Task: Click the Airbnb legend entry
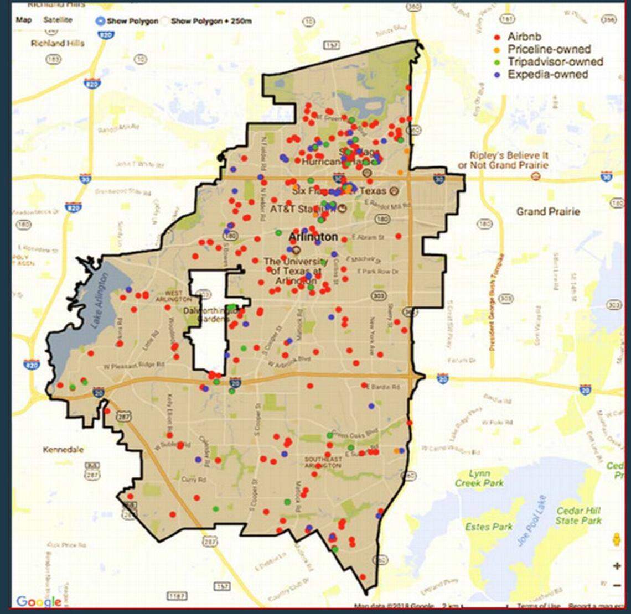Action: click(524, 37)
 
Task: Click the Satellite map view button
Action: click(58, 20)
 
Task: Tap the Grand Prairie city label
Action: click(547, 211)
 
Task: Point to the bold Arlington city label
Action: click(313, 237)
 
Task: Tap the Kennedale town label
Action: click(64, 450)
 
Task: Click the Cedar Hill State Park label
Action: click(578, 516)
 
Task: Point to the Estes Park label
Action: click(489, 527)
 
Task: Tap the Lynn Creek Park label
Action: click(479, 478)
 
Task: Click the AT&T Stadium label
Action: click(302, 210)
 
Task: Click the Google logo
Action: click(39, 601)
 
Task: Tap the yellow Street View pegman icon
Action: click(617, 539)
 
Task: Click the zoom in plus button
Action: click(617, 566)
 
